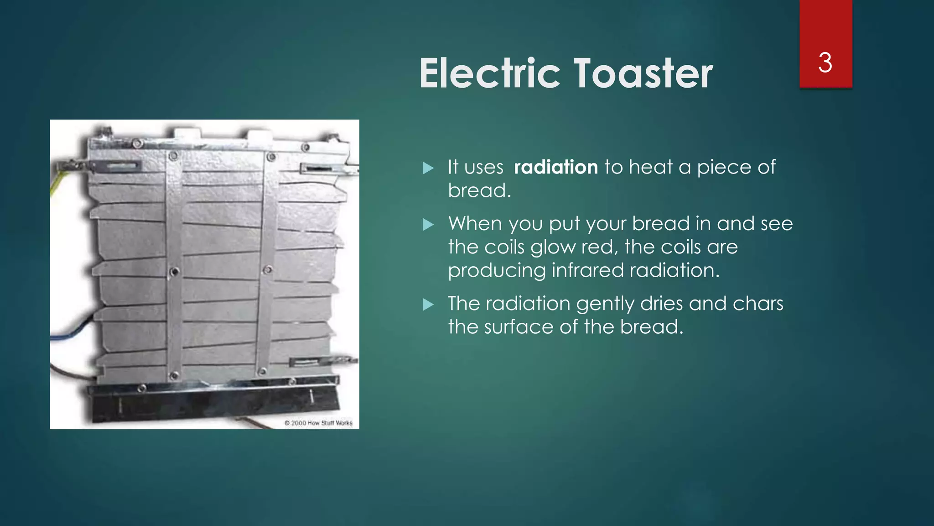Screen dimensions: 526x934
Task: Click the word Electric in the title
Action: tap(489, 74)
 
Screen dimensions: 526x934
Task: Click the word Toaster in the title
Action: tap(643, 74)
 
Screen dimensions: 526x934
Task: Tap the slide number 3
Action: tap(825, 63)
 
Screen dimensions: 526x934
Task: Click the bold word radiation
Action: tap(555, 167)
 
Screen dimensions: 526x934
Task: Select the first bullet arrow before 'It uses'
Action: tap(428, 168)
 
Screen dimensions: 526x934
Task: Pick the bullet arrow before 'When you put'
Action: tap(428, 224)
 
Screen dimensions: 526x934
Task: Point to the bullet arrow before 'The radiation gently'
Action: tap(428, 304)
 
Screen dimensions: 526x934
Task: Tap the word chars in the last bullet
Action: tap(758, 304)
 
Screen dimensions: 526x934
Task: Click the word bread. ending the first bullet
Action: tap(479, 190)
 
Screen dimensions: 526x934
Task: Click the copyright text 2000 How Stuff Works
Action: tap(319, 423)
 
